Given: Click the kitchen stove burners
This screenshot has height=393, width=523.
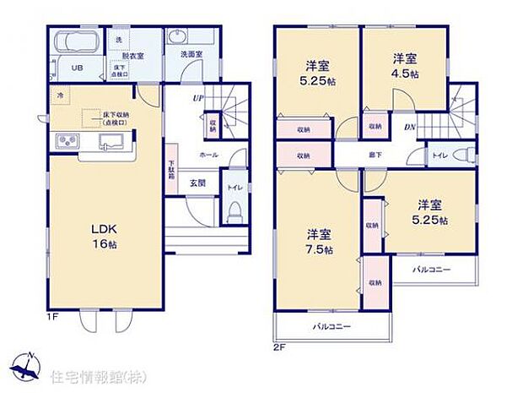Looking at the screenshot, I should click(67, 140).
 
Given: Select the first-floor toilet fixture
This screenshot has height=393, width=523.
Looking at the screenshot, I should click(235, 209).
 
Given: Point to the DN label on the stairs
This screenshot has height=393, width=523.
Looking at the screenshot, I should click(409, 127).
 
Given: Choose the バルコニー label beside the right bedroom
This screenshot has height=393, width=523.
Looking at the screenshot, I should click(431, 270).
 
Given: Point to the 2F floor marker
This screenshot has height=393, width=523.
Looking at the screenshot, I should click(280, 347).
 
